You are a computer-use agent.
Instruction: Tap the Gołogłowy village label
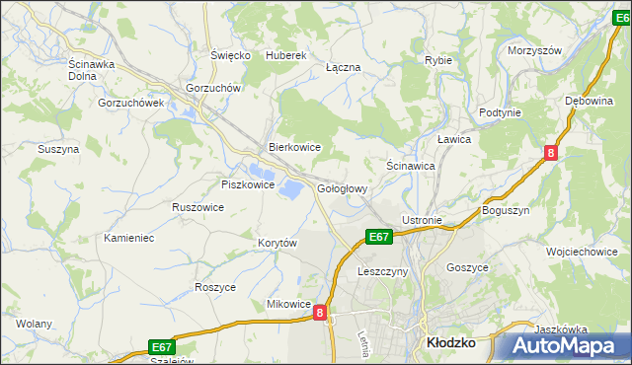(343, 188)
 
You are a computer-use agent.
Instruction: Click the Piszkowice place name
(247, 183)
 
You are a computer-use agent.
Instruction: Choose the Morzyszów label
(533, 50)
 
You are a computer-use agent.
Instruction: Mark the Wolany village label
(34, 323)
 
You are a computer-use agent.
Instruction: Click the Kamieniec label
(129, 238)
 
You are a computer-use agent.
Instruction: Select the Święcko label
(231, 55)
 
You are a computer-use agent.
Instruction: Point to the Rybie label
(438, 60)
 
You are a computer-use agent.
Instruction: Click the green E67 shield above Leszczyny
(380, 237)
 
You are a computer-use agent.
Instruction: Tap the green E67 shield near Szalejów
(163, 346)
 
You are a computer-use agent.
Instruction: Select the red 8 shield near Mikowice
(319, 313)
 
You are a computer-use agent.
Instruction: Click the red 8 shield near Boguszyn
(550, 153)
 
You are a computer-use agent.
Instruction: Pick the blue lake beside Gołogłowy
(291, 187)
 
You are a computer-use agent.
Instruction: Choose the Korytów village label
(277, 243)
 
